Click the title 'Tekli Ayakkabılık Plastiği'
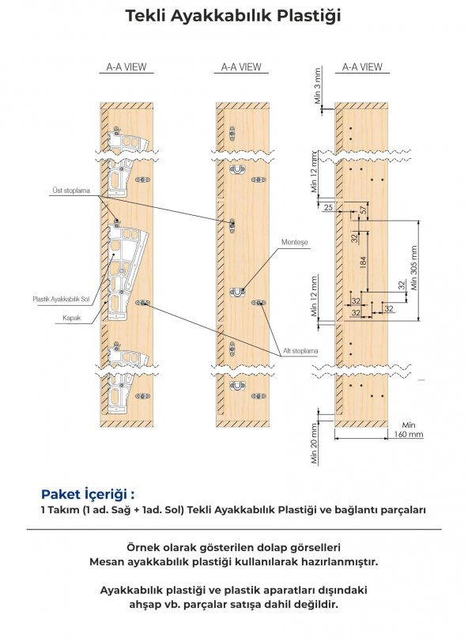(x=232, y=16)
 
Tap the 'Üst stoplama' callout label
(x=71, y=191)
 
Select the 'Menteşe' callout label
(x=295, y=242)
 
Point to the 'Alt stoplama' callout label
(x=300, y=351)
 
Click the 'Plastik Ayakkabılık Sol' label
(x=61, y=299)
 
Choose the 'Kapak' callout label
(x=72, y=318)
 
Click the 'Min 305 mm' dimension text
(x=414, y=267)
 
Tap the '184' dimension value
(x=364, y=261)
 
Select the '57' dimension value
(x=364, y=210)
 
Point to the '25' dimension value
(x=328, y=207)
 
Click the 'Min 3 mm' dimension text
(x=318, y=85)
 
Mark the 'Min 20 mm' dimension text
(x=314, y=444)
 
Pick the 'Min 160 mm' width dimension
(x=409, y=429)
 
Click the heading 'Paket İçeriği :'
(x=88, y=494)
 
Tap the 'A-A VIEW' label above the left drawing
(x=126, y=67)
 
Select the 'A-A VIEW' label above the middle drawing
(x=241, y=67)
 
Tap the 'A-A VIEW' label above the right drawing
(x=362, y=67)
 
